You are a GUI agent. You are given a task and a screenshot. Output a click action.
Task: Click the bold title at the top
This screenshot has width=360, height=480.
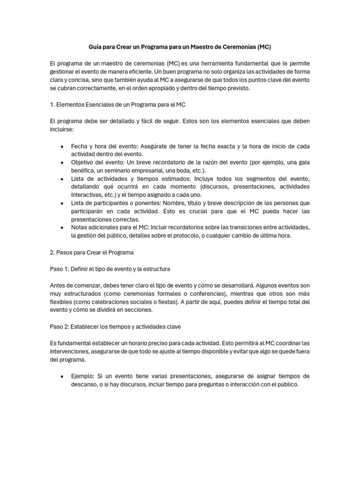point(180,47)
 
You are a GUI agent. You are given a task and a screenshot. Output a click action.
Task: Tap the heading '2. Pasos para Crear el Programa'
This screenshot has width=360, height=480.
point(91,252)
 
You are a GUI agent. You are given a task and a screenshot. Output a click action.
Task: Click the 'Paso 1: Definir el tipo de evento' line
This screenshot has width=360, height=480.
point(110,269)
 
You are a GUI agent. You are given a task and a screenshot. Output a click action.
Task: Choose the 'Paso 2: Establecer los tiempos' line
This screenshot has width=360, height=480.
point(115,326)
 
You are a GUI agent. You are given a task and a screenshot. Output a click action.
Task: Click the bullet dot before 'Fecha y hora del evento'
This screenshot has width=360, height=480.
point(62,147)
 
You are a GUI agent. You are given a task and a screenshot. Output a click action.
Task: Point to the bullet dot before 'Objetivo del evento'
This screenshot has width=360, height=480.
point(62,163)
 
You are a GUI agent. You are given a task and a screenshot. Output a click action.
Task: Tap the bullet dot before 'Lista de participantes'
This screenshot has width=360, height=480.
point(62,203)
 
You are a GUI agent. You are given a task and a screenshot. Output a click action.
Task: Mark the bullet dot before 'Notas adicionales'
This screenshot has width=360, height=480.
point(62,227)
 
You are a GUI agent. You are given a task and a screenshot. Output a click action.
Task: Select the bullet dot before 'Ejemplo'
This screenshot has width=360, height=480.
point(62,376)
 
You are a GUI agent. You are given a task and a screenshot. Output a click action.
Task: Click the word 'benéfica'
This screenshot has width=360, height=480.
point(83,171)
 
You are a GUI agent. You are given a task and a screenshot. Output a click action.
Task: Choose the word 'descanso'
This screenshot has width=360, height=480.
point(84,385)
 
